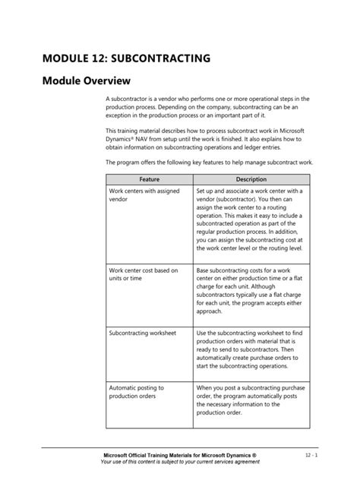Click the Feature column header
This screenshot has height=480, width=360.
tap(149, 178)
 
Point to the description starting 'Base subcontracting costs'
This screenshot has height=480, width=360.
tap(247, 290)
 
